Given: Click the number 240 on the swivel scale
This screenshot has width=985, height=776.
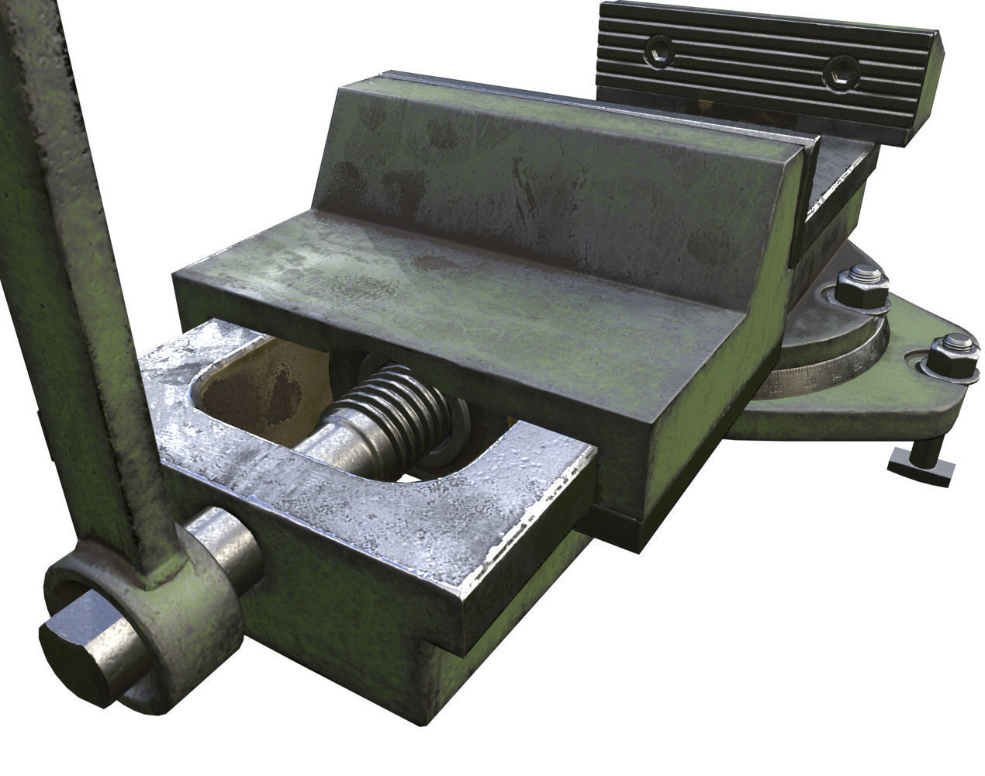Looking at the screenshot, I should tap(836, 376).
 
